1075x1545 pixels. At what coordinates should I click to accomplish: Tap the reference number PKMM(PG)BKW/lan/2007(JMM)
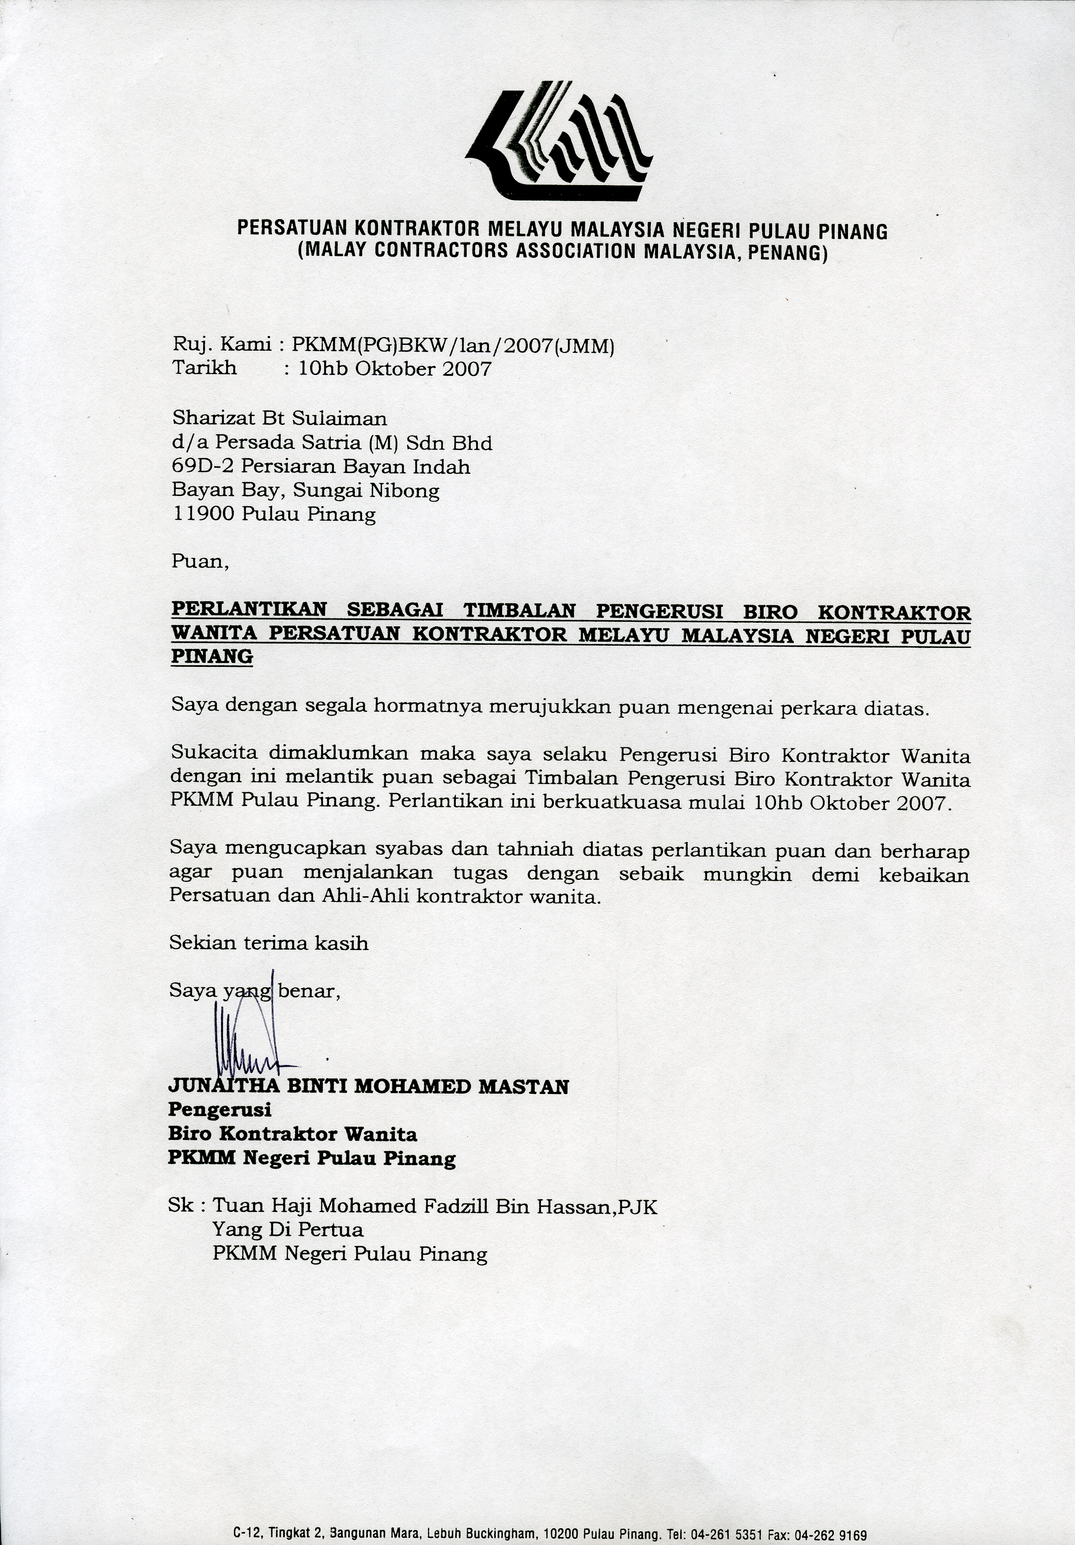(453, 346)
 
